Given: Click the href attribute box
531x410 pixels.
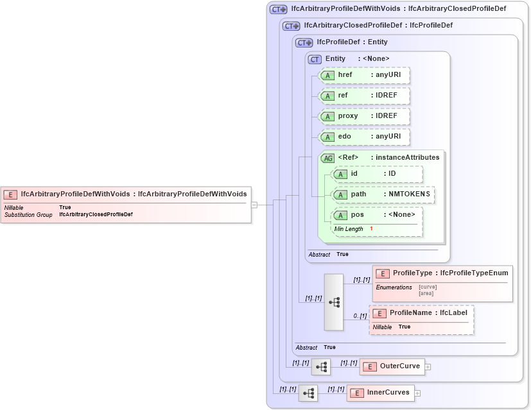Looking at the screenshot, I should pyautogui.click(x=364, y=75).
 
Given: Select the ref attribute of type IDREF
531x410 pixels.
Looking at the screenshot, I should pyautogui.click(x=364, y=96).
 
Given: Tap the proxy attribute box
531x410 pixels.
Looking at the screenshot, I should pyautogui.click(x=364, y=116).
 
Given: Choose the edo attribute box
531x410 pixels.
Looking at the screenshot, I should pyautogui.click(x=364, y=137).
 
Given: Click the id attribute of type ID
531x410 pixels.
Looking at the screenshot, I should pyautogui.click(x=377, y=174).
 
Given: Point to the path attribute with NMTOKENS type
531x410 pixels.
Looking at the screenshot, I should pyautogui.click(x=383, y=194).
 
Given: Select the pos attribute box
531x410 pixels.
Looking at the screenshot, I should pyautogui.click(x=377, y=215).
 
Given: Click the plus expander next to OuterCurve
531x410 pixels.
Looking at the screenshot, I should pyautogui.click(x=428, y=367).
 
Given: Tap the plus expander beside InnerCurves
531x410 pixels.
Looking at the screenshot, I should pyautogui.click(x=417, y=393).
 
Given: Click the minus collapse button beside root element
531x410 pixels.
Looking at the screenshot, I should pyautogui.click(x=254, y=205).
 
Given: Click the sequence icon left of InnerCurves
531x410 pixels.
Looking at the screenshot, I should pyautogui.click(x=308, y=393).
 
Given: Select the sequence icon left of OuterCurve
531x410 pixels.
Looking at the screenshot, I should pyautogui.click(x=321, y=366).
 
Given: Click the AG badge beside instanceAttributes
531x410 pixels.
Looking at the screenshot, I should pyautogui.click(x=327, y=158).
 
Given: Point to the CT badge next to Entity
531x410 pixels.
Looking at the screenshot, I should pyautogui.click(x=315, y=59).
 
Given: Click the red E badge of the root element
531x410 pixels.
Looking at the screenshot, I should pyautogui.click(x=11, y=194).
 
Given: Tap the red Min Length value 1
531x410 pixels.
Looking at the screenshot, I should pyautogui.click(x=371, y=229).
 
